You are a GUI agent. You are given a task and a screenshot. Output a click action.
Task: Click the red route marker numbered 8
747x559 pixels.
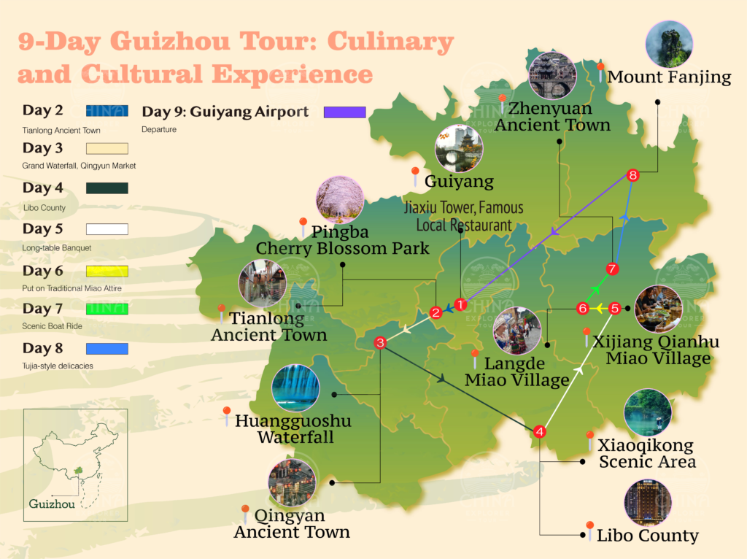pos(632,175)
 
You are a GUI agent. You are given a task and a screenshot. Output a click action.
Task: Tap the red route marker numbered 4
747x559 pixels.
pos(540,431)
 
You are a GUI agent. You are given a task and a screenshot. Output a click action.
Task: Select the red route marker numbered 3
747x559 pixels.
pos(380,342)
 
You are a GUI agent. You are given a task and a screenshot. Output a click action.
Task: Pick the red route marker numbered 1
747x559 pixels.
pos(460,304)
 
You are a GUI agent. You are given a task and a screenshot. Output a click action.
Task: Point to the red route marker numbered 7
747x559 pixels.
pos(612,269)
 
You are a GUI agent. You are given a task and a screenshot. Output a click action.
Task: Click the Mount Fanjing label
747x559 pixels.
pos(669,77)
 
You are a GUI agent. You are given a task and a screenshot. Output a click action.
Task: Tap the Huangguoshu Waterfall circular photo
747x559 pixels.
pos(295,388)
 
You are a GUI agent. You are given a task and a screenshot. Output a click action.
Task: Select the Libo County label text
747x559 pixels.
pos(648,536)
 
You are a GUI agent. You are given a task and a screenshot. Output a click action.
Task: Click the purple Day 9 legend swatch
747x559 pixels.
pos(344,112)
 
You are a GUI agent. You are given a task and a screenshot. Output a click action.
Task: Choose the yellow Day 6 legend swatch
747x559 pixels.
pos(107,271)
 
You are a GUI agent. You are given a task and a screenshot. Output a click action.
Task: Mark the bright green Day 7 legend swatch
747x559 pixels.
pos(107,309)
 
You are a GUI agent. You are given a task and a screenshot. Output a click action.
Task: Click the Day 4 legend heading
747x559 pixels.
pos(43,188)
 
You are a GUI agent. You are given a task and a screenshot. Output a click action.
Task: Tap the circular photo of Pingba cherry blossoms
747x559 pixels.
pos(340,200)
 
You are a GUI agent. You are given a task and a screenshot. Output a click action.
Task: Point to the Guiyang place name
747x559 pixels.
pos(459,180)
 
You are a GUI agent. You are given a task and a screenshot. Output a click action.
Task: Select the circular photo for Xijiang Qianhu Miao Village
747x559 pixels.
pos(658,309)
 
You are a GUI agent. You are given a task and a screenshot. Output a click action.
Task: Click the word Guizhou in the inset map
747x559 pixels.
pos(52,504)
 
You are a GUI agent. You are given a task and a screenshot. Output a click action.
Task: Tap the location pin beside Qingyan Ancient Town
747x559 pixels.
pos(245,512)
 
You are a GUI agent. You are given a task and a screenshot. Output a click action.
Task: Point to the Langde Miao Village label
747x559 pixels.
pos(515,371)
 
